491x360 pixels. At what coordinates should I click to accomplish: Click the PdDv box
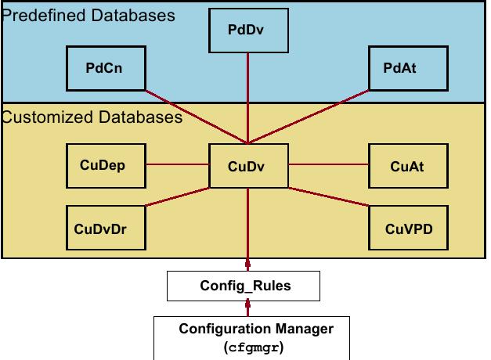[x=248, y=30]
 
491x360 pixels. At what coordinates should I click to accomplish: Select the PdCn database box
[x=104, y=67]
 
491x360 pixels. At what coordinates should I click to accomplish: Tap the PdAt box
[x=399, y=67]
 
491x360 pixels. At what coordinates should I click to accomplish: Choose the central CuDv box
[x=248, y=165]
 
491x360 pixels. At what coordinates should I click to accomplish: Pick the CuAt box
[x=407, y=165]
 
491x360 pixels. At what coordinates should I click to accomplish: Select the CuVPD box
[x=409, y=229]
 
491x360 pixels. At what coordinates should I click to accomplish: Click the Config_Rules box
[x=244, y=285]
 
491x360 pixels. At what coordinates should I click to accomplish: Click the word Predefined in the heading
[x=38, y=15]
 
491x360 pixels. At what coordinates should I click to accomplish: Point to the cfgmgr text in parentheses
[x=253, y=347]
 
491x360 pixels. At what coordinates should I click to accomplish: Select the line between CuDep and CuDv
[x=178, y=165]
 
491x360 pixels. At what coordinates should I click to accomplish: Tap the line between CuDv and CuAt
[x=328, y=165]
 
